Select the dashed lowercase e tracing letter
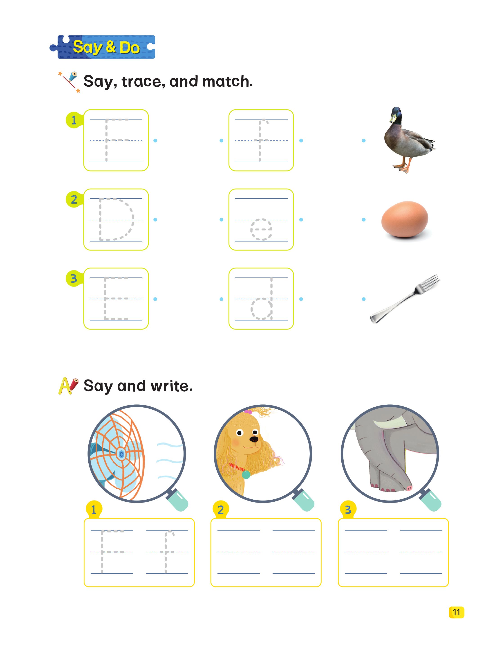pos(261,229)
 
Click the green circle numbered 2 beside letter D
pos(74,200)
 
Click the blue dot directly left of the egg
pos(364,220)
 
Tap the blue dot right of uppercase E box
pos(155,299)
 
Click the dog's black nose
pos(253,440)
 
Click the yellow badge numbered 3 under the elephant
pos(348,509)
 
